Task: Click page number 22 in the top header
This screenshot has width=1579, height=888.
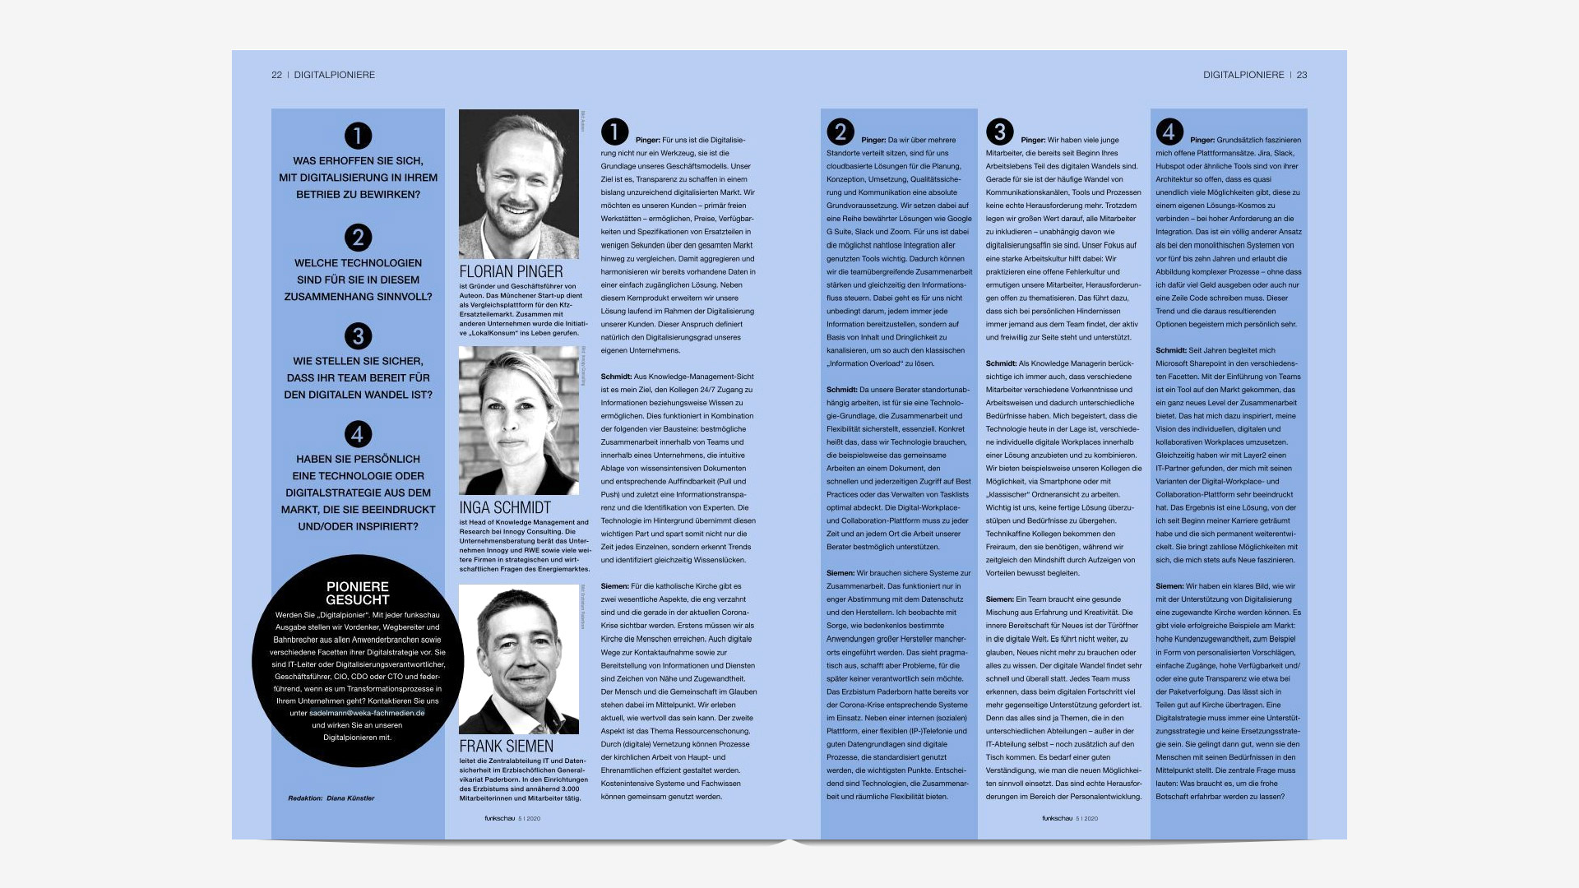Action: point(276,75)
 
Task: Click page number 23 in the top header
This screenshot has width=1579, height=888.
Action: point(1302,75)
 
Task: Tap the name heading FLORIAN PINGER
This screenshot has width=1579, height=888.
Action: point(511,272)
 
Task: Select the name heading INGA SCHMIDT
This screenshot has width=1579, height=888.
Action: point(505,508)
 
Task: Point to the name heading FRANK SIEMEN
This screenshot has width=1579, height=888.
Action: point(506,747)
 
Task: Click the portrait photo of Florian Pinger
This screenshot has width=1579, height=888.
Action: point(519,184)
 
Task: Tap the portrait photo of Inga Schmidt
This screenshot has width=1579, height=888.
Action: point(519,420)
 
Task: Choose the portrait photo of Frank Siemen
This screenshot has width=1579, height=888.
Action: point(519,659)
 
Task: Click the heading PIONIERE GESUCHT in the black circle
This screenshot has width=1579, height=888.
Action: point(357,593)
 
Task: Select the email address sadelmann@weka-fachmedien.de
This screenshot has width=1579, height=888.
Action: point(367,713)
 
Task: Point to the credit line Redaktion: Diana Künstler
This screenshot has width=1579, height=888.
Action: point(331,798)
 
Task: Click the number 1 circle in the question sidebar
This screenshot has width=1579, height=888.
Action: point(358,136)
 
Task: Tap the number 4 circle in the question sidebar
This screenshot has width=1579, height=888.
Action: point(358,434)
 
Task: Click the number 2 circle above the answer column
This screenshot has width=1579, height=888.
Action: point(840,132)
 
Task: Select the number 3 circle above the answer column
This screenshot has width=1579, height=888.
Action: point(999,132)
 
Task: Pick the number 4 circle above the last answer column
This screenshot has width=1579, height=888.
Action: point(1169,132)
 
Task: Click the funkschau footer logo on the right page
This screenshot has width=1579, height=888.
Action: point(1057,818)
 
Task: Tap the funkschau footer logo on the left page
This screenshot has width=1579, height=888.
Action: point(499,818)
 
